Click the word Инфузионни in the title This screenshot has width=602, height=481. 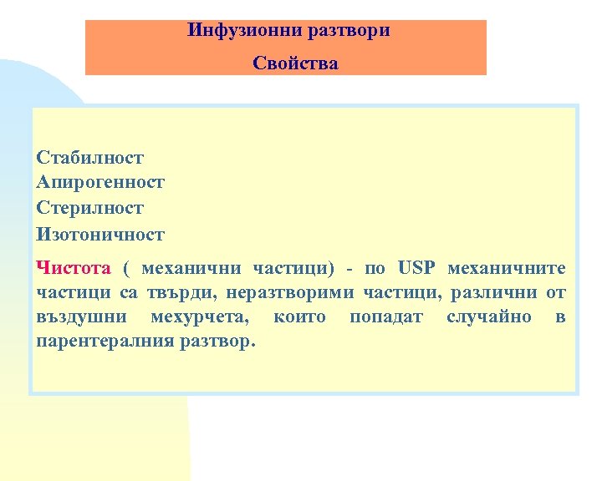pos(231,31)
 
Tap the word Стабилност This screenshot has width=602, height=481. pos(90,157)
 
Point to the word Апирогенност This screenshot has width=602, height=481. pos(101,181)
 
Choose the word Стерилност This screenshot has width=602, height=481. pos(90,207)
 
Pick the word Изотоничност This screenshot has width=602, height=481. pos(101,234)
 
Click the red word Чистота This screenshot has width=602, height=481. pos(74,268)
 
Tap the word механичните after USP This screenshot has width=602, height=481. pos(507,268)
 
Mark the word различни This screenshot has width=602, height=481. pos(492,293)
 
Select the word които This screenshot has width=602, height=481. pos(299,317)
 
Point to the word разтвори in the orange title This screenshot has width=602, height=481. pos(349,31)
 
